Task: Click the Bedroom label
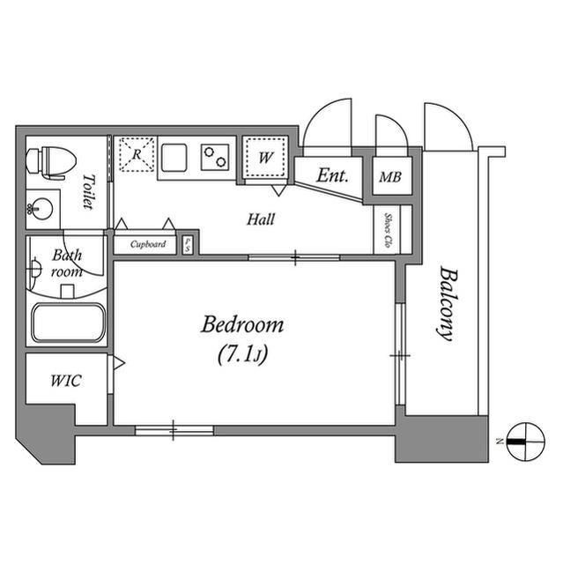coord(242,324)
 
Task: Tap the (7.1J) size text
coord(243,354)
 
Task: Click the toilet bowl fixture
coord(51,161)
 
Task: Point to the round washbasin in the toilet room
coord(40,209)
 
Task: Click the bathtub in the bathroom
coord(68,323)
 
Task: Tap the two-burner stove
coord(215,157)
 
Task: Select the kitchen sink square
coord(174,157)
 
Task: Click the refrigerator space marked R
coord(137,154)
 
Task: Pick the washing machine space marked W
coord(266,157)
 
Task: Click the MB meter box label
coord(390,177)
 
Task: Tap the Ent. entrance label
coord(332,175)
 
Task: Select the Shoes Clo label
coord(388,230)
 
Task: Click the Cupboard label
coord(148,244)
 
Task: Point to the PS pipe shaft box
coord(188,245)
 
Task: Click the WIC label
coord(66,381)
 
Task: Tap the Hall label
coord(261,219)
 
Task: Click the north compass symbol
coord(525,442)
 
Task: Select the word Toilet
coord(89,192)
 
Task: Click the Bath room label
coord(67,263)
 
